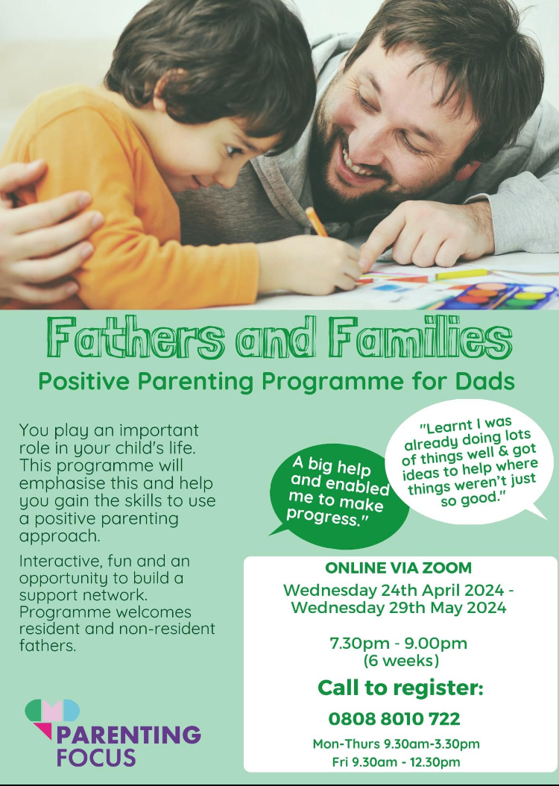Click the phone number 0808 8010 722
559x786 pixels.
[394, 719]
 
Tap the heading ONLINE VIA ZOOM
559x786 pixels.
[398, 568]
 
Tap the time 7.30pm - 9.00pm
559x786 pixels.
[398, 643]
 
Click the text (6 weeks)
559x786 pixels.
[401, 661]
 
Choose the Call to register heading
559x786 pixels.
[400, 688]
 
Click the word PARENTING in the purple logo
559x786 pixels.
[129, 735]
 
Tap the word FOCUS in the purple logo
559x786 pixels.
[96, 757]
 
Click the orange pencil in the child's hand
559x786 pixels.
[317, 222]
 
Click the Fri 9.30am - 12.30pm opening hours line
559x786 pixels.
[397, 762]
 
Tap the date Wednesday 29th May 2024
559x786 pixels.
[399, 608]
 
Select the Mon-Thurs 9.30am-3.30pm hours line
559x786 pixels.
[397, 744]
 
